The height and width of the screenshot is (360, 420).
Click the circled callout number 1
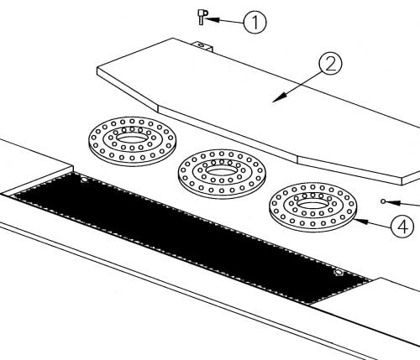(x=255, y=22)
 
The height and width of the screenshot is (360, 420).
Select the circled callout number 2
(x=331, y=64)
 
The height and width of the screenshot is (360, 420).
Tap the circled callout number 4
(x=402, y=227)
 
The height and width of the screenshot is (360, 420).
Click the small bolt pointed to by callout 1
(x=202, y=17)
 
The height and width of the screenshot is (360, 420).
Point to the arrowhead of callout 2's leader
(x=280, y=98)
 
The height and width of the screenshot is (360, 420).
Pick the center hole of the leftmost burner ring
(x=132, y=138)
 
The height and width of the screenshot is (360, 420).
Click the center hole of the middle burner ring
(x=222, y=170)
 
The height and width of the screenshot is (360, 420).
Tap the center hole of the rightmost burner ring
(x=312, y=204)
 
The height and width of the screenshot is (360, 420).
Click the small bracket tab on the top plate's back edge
(x=204, y=46)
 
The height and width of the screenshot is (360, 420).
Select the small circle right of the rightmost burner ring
(x=383, y=201)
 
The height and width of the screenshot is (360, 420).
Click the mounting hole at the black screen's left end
(x=84, y=180)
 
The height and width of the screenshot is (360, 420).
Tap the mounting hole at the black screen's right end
(x=339, y=272)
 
